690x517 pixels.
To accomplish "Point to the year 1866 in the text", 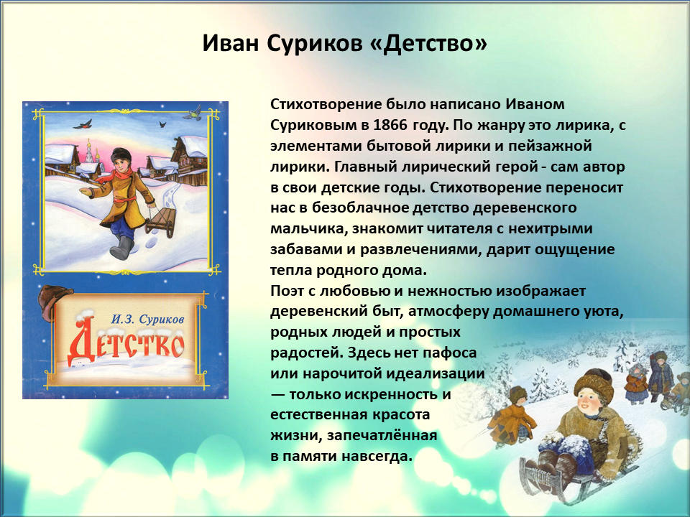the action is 390,125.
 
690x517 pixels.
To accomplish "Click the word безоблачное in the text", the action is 361,208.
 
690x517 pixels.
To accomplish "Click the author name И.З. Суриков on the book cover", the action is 147,320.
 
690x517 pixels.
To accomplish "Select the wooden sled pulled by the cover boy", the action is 160,223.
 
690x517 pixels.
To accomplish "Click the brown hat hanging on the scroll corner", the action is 52,301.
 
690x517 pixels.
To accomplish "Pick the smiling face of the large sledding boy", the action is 586,402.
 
